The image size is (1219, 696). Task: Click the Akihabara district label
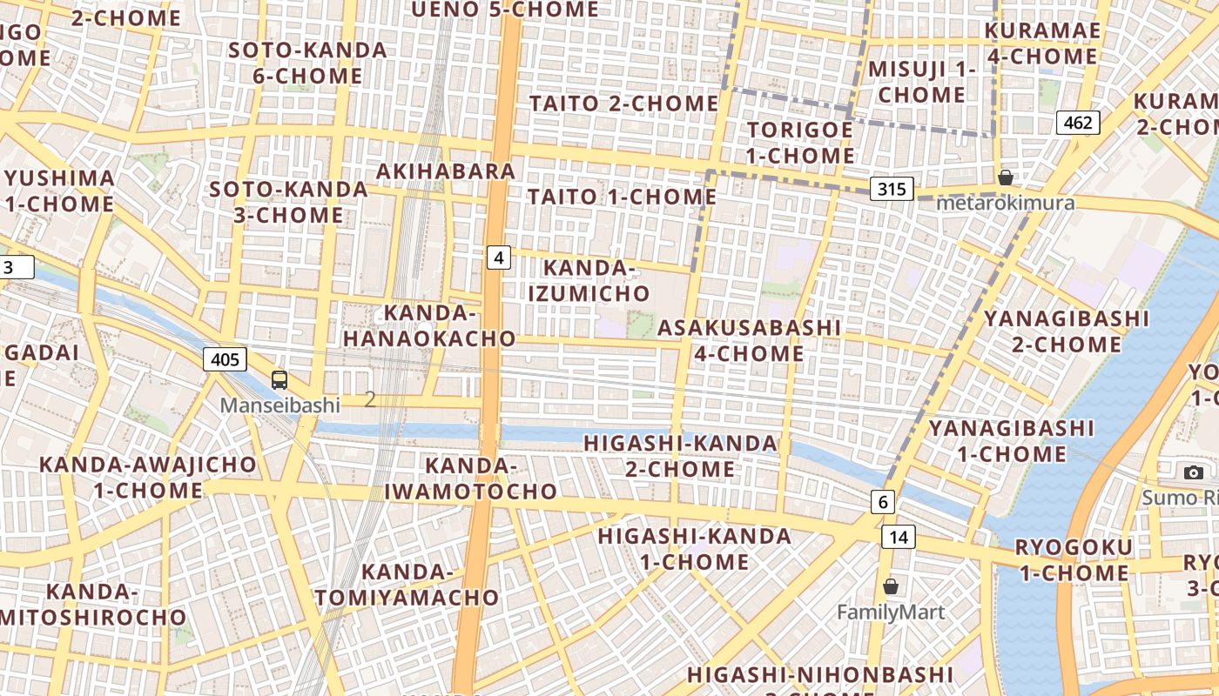click(x=446, y=171)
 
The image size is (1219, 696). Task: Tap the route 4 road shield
click(x=498, y=258)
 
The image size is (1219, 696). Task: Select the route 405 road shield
click(x=226, y=358)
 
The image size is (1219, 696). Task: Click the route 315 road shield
click(x=891, y=189)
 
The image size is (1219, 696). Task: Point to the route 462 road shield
click(x=1078, y=123)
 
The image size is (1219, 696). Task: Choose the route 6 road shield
click(x=883, y=502)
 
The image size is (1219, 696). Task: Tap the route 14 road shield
click(x=899, y=537)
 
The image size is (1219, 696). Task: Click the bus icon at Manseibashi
click(x=279, y=379)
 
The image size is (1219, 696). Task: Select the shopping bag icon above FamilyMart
click(x=891, y=586)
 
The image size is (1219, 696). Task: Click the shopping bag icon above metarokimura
click(x=1006, y=177)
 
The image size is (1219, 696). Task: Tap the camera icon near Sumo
click(x=1193, y=472)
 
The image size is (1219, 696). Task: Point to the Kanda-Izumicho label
click(x=589, y=280)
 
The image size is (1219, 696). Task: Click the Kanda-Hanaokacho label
click(x=429, y=325)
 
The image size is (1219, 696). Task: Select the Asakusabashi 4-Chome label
click(x=749, y=340)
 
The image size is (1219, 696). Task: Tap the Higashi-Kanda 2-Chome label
click(x=680, y=456)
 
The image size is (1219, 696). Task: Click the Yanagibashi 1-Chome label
click(x=1011, y=441)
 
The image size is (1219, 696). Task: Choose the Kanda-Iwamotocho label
click(x=471, y=478)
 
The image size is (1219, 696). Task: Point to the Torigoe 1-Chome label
click(x=800, y=143)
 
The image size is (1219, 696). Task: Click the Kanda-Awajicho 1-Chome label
click(x=148, y=477)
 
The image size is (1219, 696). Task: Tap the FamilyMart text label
click(x=891, y=612)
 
